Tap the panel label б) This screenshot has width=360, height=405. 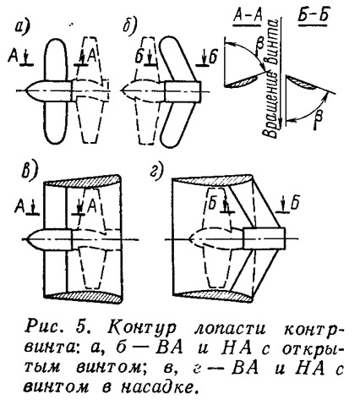click(x=129, y=26)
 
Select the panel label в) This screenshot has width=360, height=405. click(x=29, y=171)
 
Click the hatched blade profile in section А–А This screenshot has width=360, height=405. click(x=244, y=81)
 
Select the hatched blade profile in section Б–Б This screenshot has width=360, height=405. click(x=302, y=83)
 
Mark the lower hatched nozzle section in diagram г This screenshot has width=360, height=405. click(x=214, y=295)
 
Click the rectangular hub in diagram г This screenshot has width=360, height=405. click(x=264, y=238)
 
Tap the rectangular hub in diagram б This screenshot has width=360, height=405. click(x=183, y=91)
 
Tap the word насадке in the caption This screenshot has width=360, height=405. click(x=158, y=387)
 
